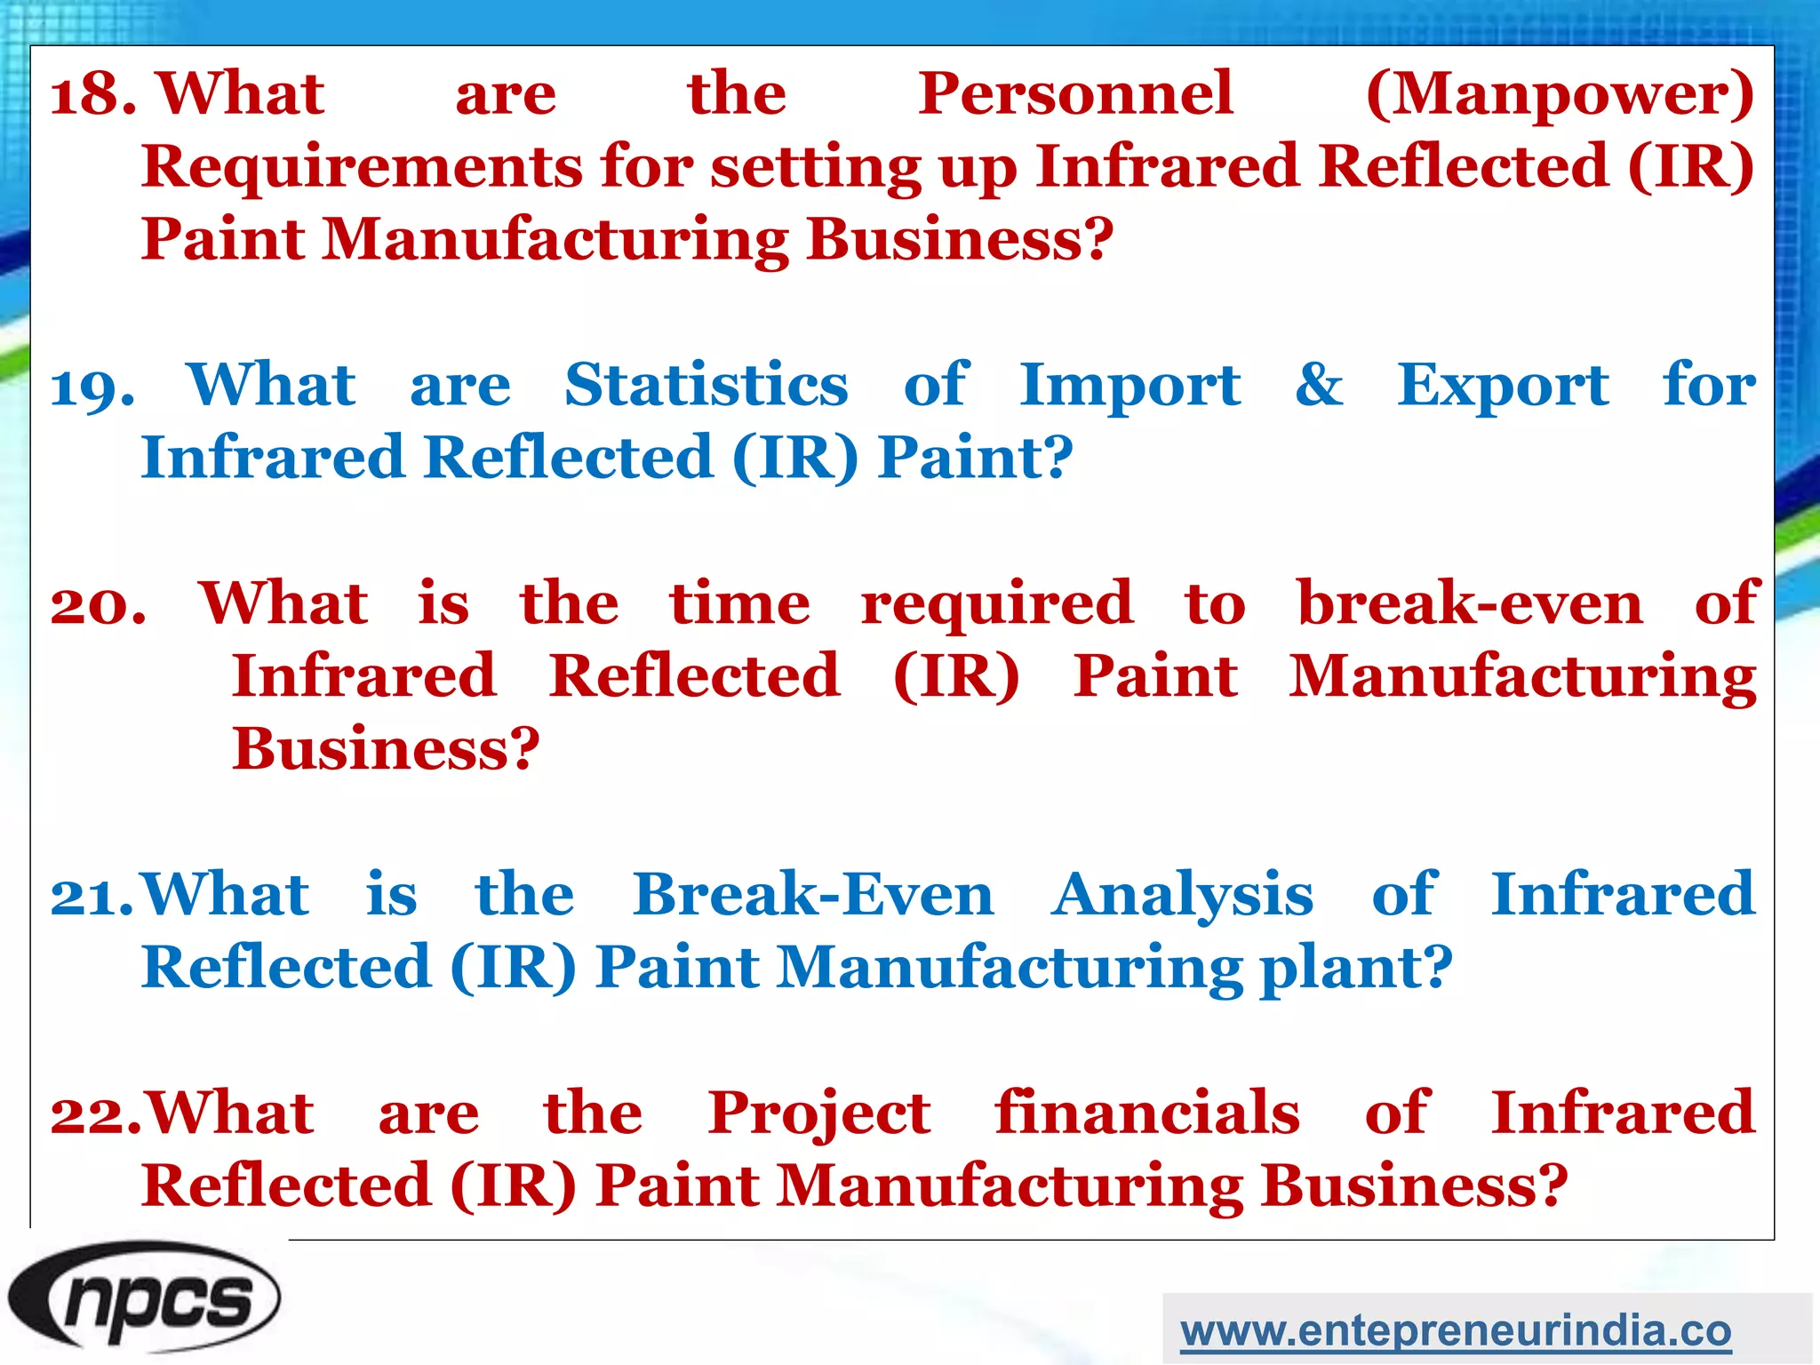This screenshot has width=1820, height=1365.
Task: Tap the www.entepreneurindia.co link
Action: click(1456, 1330)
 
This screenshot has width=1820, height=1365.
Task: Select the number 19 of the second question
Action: click(92, 387)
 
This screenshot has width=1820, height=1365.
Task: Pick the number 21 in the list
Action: click(92, 897)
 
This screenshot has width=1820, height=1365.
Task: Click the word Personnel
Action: click(1075, 94)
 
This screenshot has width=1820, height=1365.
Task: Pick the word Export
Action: click(1502, 387)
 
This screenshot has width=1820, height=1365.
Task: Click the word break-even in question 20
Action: click(1470, 604)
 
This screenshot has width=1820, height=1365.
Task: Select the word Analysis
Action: click(1182, 897)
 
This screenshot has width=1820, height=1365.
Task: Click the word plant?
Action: click(1356, 970)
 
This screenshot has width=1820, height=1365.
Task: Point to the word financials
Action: click(1146, 1113)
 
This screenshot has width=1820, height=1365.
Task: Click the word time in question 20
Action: click(739, 604)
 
